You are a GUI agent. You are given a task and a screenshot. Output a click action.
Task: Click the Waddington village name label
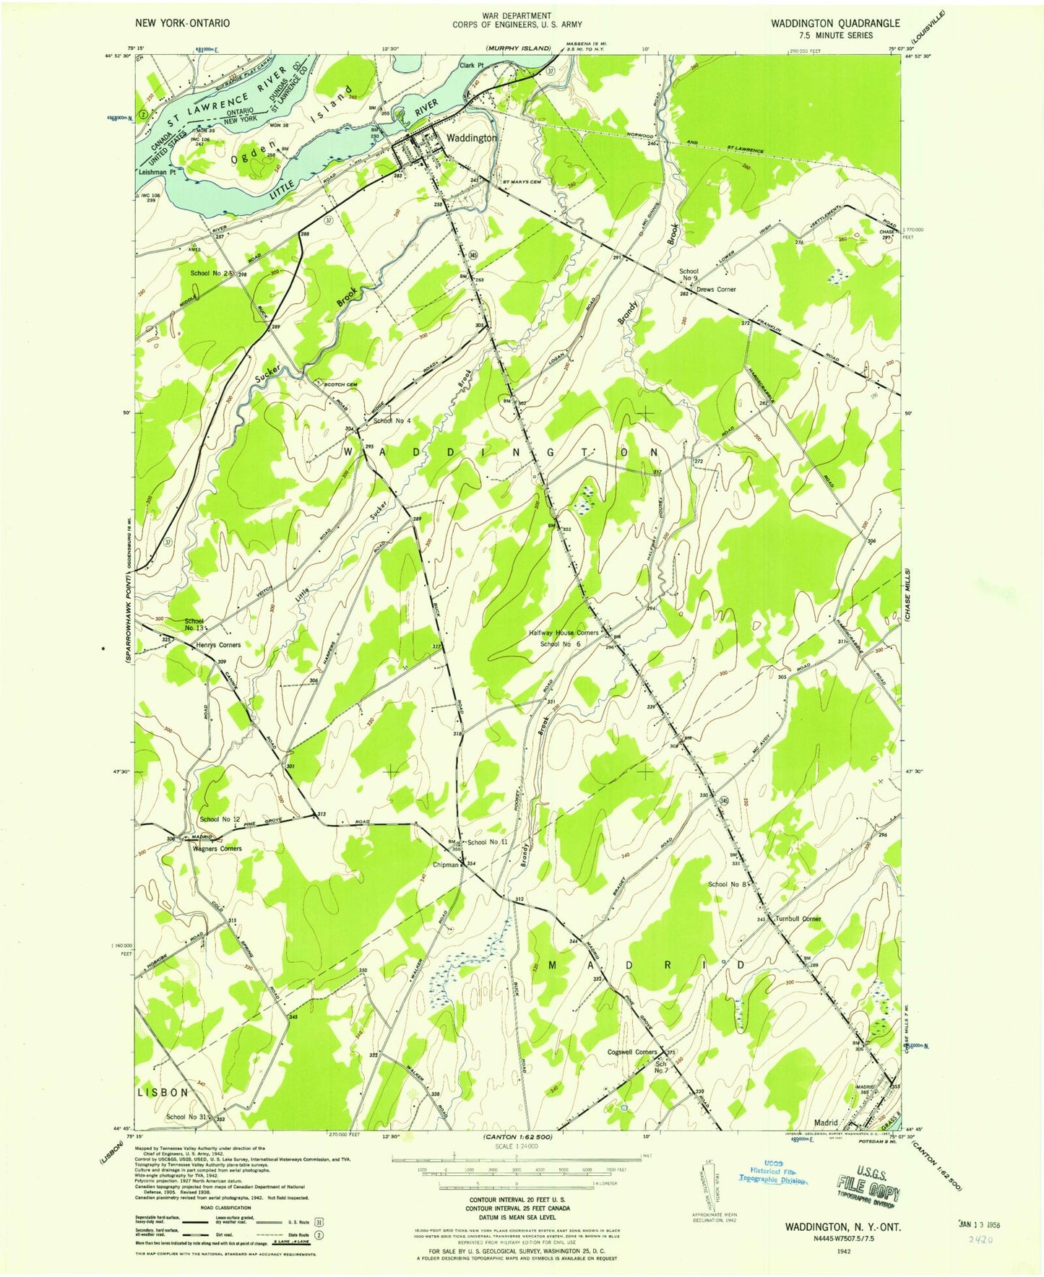tap(471, 138)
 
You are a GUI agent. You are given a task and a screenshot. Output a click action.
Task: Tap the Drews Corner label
tap(716, 290)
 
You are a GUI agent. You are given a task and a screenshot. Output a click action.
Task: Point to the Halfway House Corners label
tap(564, 633)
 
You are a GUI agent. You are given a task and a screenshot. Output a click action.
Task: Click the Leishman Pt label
tap(158, 173)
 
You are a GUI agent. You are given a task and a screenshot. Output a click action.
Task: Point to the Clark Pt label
tap(471, 66)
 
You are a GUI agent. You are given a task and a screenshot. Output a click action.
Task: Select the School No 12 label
tap(220, 819)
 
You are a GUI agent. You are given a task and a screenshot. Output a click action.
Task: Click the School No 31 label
tap(187, 1117)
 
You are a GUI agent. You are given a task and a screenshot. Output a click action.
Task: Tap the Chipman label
tap(446, 865)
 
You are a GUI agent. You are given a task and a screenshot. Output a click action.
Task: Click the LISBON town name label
tap(163, 1093)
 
